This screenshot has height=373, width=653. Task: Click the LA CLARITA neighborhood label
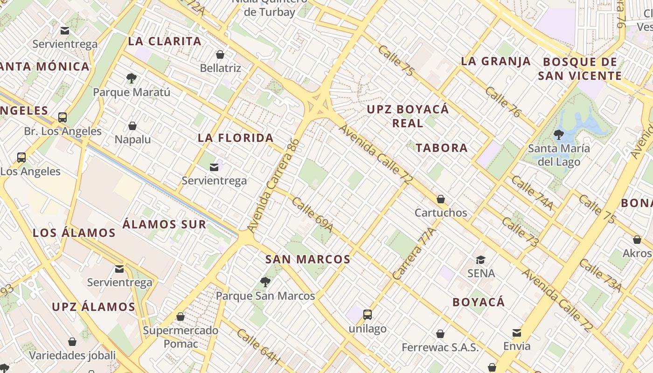(x=165, y=41)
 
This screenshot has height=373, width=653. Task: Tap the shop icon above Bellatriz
(x=220, y=55)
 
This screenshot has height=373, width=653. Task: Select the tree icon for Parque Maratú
(x=132, y=78)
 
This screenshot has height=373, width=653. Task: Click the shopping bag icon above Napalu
(x=132, y=126)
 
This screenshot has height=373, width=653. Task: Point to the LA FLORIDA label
(x=236, y=138)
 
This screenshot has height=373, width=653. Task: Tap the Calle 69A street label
(x=313, y=214)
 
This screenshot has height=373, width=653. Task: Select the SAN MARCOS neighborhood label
(x=308, y=259)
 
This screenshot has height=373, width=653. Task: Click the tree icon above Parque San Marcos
(x=265, y=282)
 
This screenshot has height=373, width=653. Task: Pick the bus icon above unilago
(x=368, y=315)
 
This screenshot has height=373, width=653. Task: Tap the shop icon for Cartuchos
(x=441, y=200)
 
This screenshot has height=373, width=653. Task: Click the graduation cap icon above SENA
(x=480, y=260)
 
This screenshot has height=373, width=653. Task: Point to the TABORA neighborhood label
(x=441, y=148)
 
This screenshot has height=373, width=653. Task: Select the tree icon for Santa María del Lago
(x=558, y=135)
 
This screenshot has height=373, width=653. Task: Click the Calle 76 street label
(x=503, y=102)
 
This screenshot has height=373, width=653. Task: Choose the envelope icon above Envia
(x=517, y=332)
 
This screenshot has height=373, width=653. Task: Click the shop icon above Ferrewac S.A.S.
(x=440, y=334)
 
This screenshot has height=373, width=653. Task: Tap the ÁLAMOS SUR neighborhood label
(x=164, y=224)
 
